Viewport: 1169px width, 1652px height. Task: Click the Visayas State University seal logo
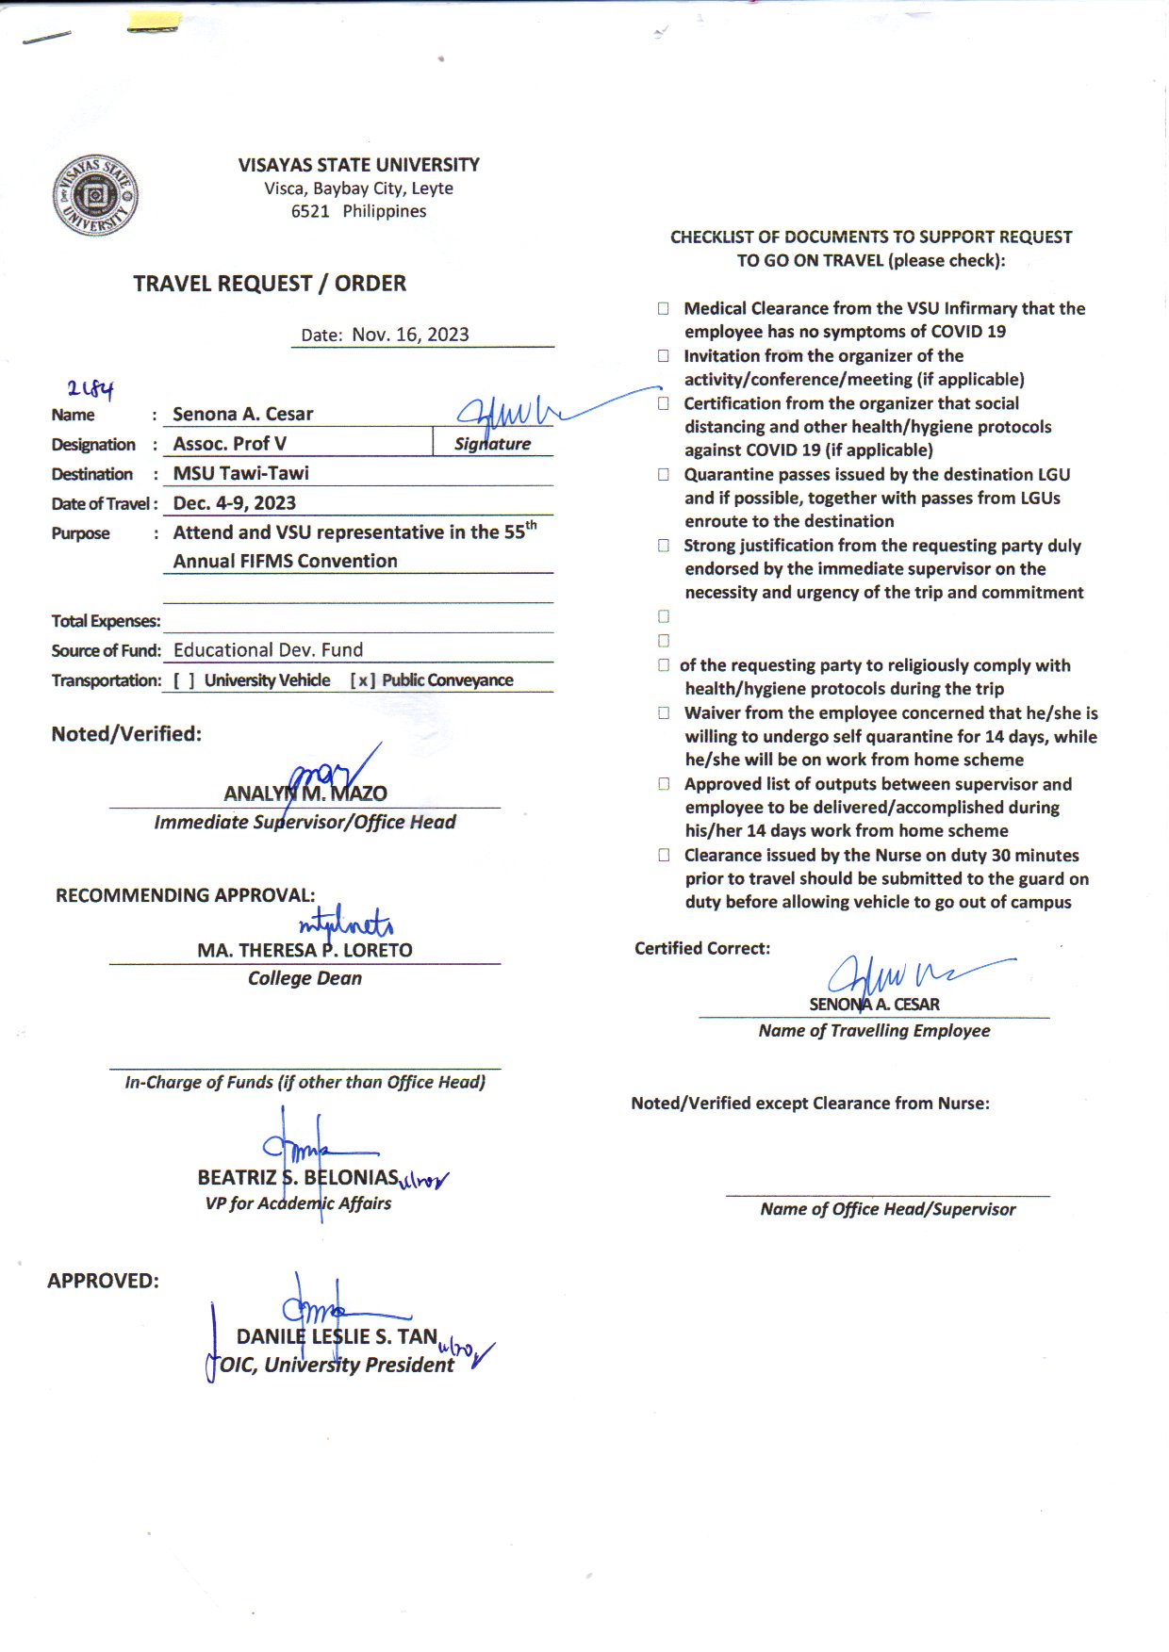point(95,196)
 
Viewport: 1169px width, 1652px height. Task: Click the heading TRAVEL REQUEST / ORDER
point(270,284)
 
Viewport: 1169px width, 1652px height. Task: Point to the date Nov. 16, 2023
point(410,335)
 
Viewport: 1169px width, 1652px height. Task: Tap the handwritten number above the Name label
point(90,387)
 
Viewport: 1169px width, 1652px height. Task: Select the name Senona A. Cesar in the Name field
point(242,414)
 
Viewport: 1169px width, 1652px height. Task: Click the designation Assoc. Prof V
point(229,444)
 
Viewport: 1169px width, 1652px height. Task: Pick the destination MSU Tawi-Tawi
point(240,473)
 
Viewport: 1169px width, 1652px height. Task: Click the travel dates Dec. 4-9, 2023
point(234,503)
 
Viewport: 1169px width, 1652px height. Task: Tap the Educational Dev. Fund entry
point(268,650)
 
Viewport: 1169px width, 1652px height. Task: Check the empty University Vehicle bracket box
point(184,680)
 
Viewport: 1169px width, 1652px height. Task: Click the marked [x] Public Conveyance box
point(362,680)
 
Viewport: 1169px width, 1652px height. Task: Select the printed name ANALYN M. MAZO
point(305,793)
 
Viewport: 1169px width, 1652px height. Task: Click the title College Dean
point(305,978)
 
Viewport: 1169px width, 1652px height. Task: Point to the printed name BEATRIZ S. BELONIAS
point(298,1177)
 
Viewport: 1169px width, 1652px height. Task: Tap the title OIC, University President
point(337,1365)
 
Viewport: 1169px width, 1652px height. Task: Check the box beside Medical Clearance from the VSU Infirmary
point(664,308)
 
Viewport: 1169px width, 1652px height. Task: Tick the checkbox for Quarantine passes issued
point(664,474)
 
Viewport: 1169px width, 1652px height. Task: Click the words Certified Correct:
point(701,948)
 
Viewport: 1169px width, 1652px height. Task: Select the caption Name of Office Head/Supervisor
point(887,1209)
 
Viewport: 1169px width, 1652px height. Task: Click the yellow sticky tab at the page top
point(154,23)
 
